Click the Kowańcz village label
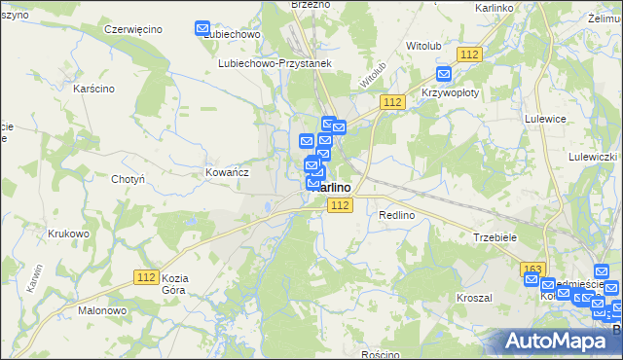(228, 171)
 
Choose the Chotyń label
(128, 179)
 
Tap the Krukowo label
(68, 234)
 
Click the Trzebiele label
(495, 236)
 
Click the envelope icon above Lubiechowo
(203, 29)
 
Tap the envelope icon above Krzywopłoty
(444, 73)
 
